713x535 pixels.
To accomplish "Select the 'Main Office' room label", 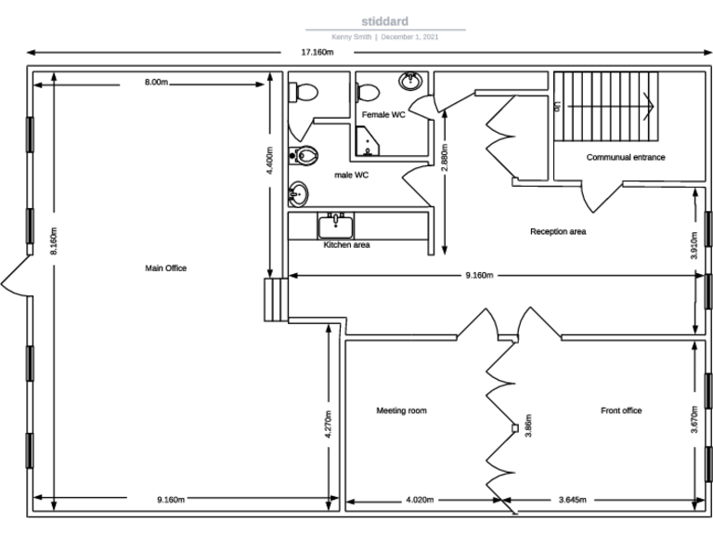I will point(165,268).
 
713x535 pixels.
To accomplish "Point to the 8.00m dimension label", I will point(156,83).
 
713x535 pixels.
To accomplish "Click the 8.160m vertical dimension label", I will point(54,241).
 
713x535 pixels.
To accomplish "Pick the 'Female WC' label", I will point(383,114).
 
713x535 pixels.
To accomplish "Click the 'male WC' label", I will point(352,175).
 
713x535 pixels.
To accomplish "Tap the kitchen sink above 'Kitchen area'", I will point(334,226).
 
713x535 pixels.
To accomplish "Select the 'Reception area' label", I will point(558,231).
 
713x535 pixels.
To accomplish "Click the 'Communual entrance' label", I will point(625,157).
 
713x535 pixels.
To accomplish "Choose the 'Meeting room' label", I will point(401,411).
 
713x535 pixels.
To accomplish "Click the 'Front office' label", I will point(621,411).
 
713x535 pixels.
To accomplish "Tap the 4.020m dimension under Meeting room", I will point(420,500).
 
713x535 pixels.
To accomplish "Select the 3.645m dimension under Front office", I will point(572,500).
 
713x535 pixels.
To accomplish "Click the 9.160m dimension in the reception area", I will point(478,275).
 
